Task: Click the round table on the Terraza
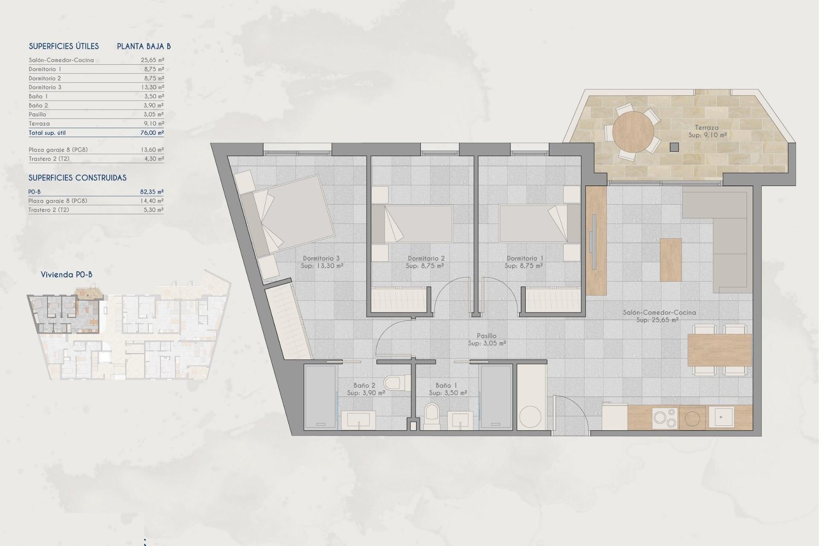click(x=633, y=132)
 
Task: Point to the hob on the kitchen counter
click(x=665, y=418)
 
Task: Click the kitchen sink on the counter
click(x=721, y=416)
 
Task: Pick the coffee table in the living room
click(x=671, y=260)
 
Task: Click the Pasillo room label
click(x=487, y=336)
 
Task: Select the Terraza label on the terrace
click(x=706, y=128)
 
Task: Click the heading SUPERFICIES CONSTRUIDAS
click(x=78, y=178)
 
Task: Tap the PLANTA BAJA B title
click(x=144, y=46)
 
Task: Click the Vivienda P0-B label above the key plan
click(x=67, y=275)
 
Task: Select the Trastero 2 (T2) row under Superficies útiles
click(x=49, y=159)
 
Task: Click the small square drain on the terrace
click(x=674, y=147)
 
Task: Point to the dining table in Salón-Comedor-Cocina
click(x=719, y=350)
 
